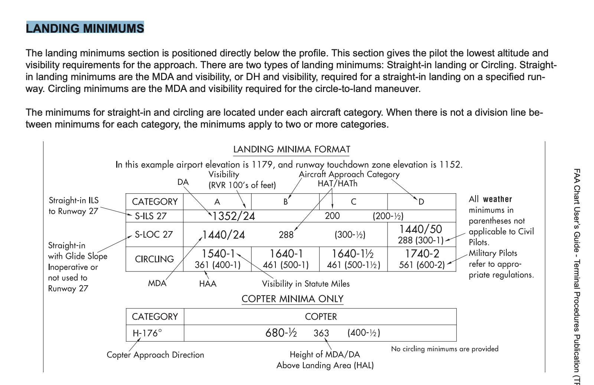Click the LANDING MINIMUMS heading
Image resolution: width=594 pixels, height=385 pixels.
click(x=85, y=28)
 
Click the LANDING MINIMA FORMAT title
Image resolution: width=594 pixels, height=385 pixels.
click(x=291, y=149)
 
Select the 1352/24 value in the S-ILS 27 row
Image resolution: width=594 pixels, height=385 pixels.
click(x=234, y=216)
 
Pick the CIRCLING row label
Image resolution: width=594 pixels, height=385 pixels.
click(x=154, y=259)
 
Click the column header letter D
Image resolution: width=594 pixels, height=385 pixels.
click(x=421, y=202)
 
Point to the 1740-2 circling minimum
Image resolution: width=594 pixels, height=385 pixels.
click(x=422, y=254)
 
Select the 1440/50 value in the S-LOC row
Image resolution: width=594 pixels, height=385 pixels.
click(x=421, y=229)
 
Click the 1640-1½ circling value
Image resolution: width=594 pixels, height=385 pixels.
click(x=353, y=254)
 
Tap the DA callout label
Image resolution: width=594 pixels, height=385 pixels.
click(x=183, y=182)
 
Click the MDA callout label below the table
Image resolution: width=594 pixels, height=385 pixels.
click(x=157, y=283)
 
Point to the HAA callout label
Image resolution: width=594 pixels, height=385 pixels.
click(x=208, y=284)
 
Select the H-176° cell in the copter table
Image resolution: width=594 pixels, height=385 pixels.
click(x=147, y=333)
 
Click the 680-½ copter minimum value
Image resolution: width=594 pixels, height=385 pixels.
click(x=281, y=333)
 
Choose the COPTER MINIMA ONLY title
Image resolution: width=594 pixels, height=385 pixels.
click(x=293, y=299)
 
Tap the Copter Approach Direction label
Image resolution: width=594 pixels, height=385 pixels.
click(x=155, y=355)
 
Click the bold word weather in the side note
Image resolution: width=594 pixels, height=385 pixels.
click(x=497, y=199)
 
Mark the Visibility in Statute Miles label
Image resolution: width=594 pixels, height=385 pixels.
click(x=306, y=284)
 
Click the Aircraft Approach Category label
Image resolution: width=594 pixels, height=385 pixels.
click(x=349, y=174)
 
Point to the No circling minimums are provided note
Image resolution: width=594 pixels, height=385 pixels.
click(x=444, y=349)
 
